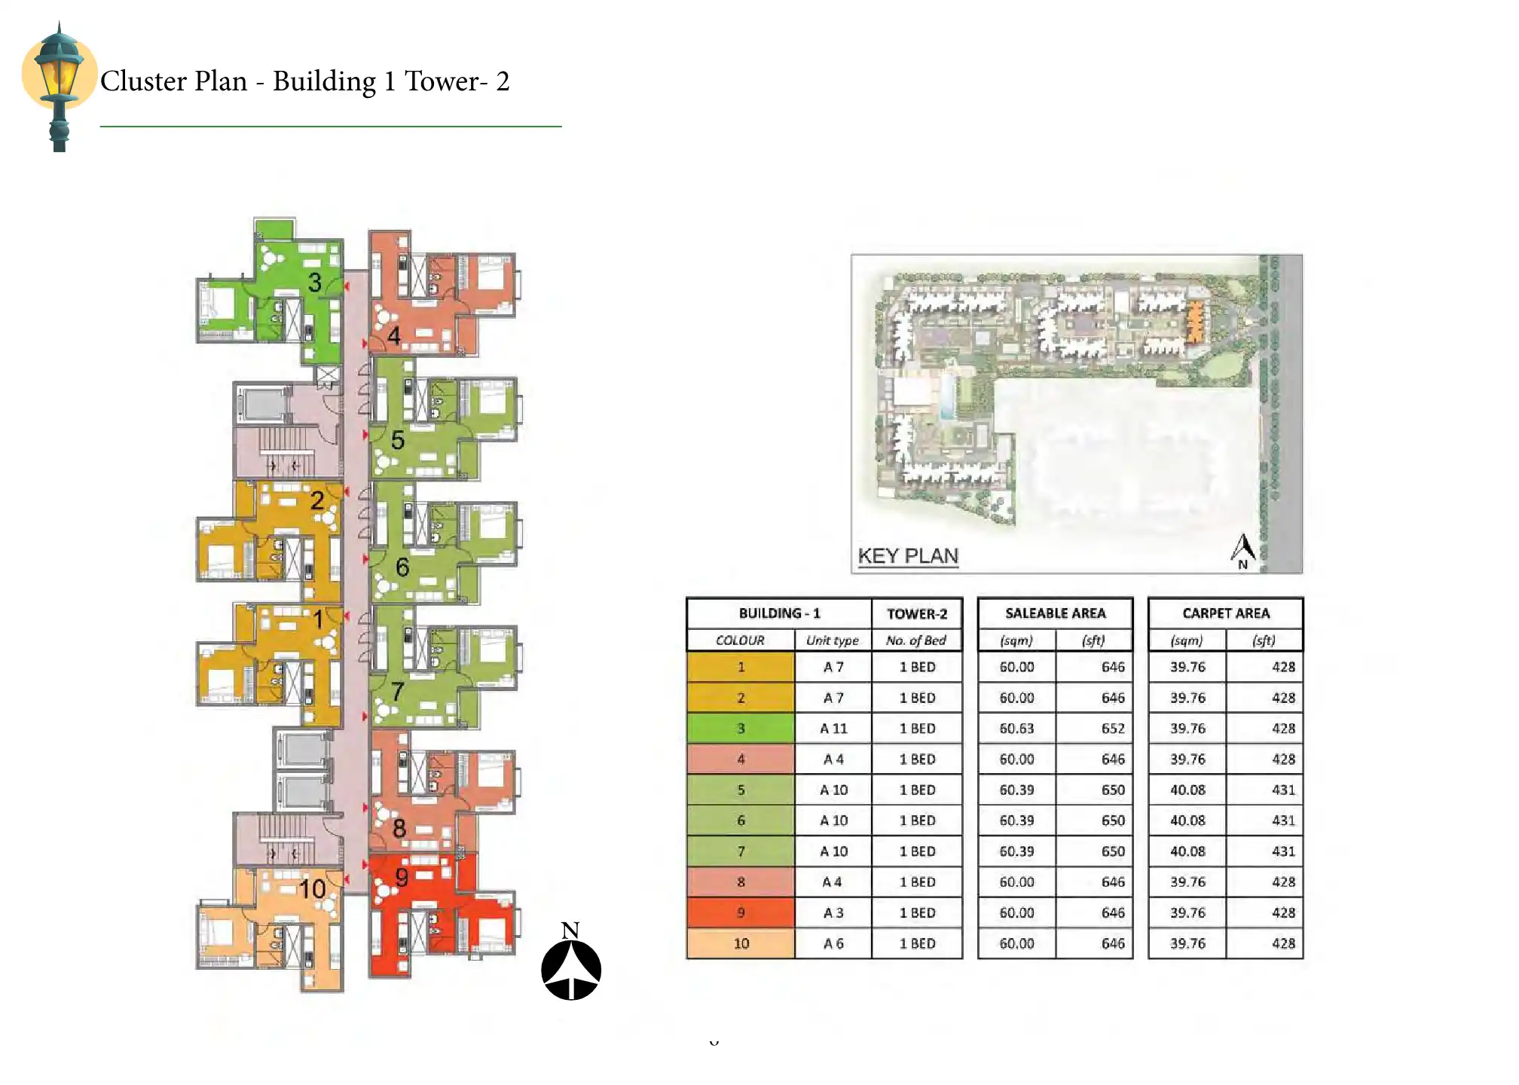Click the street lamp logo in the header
click(x=60, y=87)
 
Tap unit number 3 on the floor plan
click(x=315, y=283)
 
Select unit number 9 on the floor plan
click(x=402, y=877)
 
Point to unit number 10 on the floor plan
click(x=312, y=889)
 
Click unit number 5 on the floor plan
click(x=398, y=440)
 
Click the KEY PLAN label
click(x=908, y=556)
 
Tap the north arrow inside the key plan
click(x=1242, y=551)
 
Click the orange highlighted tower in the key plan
click(x=1194, y=322)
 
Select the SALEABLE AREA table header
click(x=1055, y=613)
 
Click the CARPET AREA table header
click(x=1226, y=613)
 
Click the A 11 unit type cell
click(x=833, y=729)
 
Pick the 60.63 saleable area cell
click(x=1016, y=729)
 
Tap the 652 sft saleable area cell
click(x=1094, y=729)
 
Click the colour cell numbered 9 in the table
click(x=741, y=912)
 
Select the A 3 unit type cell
click(x=833, y=912)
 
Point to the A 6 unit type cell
click(x=833, y=943)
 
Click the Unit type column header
click(x=833, y=640)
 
